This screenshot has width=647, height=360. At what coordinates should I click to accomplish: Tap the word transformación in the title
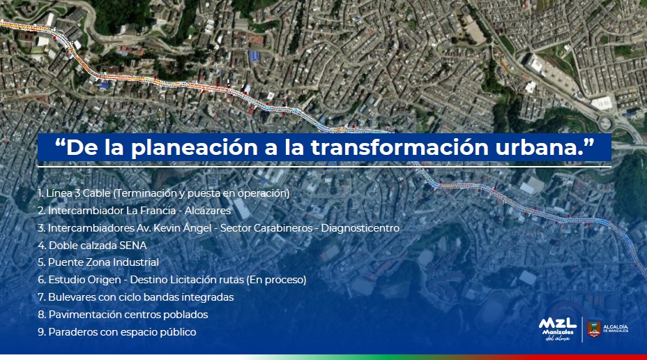coord(399,147)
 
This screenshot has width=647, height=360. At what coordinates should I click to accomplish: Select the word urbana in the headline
coord(538,147)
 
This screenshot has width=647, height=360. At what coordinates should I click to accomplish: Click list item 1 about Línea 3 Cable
coord(164,193)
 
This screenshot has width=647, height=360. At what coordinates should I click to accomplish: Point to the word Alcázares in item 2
coord(208,211)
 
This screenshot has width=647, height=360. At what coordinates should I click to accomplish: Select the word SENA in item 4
coord(133,245)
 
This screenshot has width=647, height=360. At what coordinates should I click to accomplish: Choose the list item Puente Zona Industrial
coord(98,262)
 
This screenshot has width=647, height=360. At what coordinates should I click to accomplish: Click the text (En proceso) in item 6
coord(277,280)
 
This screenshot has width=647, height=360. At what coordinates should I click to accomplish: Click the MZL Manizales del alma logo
coord(558,329)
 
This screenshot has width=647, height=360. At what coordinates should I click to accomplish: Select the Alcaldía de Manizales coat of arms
coord(594,329)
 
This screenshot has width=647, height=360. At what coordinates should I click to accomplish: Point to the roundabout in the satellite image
coord(605,123)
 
